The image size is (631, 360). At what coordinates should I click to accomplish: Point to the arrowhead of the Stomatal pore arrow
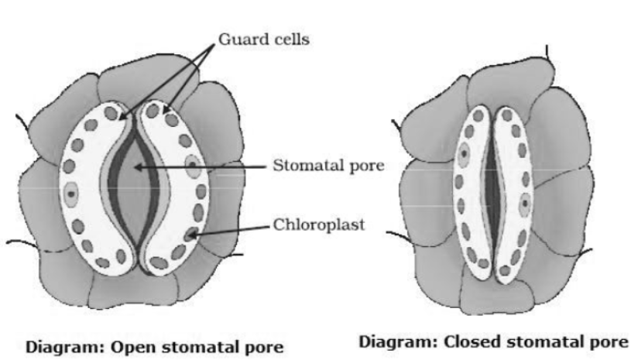pyautogui.click(x=137, y=165)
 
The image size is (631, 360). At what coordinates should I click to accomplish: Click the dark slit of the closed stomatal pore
pyautogui.click(x=493, y=194)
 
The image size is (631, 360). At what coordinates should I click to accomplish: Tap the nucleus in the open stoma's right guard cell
pyautogui.click(x=192, y=166)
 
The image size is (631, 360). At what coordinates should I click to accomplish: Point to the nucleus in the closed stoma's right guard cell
pyautogui.click(x=525, y=204)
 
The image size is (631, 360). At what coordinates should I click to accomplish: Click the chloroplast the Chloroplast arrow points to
pyautogui.click(x=190, y=232)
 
